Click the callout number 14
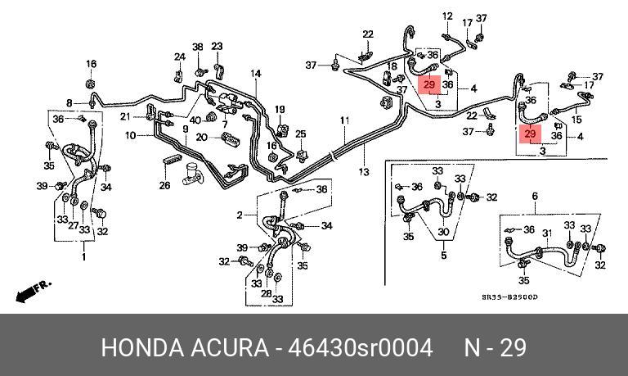pyautogui.click(x=256, y=75)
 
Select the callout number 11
pyautogui.click(x=345, y=121)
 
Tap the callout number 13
pyautogui.click(x=363, y=171)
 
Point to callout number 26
pyautogui.click(x=164, y=185)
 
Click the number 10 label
pyautogui.click(x=130, y=135)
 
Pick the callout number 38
pyautogui.click(x=197, y=48)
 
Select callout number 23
pyautogui.click(x=217, y=46)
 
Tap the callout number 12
pyautogui.click(x=447, y=16)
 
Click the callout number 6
pyautogui.click(x=535, y=196)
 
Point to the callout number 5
pyautogui.click(x=443, y=256)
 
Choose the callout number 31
pyautogui.click(x=548, y=233)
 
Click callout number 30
pyautogui.click(x=443, y=233)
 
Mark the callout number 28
pyautogui.click(x=266, y=293)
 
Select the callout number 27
pyautogui.click(x=73, y=225)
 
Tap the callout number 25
pyautogui.click(x=300, y=134)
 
